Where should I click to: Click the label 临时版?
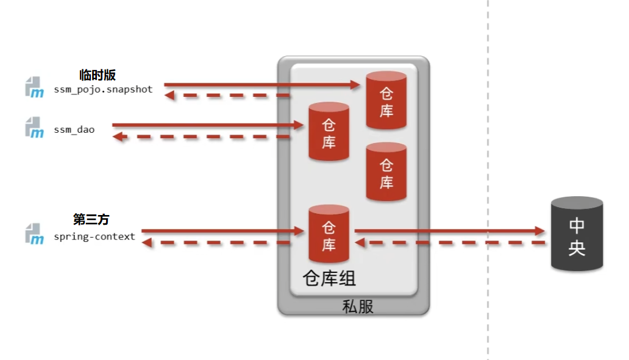[97, 75]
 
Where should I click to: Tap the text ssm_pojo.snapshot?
[103, 90]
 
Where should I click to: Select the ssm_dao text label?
[74, 129]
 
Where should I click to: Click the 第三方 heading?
[91, 219]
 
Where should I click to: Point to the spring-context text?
[94, 236]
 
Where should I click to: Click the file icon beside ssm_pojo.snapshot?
[35, 87]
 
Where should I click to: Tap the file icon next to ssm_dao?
[35, 127]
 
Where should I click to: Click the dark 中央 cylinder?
[577, 235]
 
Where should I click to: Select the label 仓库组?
[329, 278]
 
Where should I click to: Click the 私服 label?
[357, 306]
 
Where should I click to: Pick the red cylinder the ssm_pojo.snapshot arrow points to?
[386, 101]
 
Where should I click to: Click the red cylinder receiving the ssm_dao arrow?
[329, 132]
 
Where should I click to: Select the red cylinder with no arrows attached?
[386, 172]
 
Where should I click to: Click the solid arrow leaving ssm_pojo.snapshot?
[262, 85]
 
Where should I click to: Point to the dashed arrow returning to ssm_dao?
[201, 137]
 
